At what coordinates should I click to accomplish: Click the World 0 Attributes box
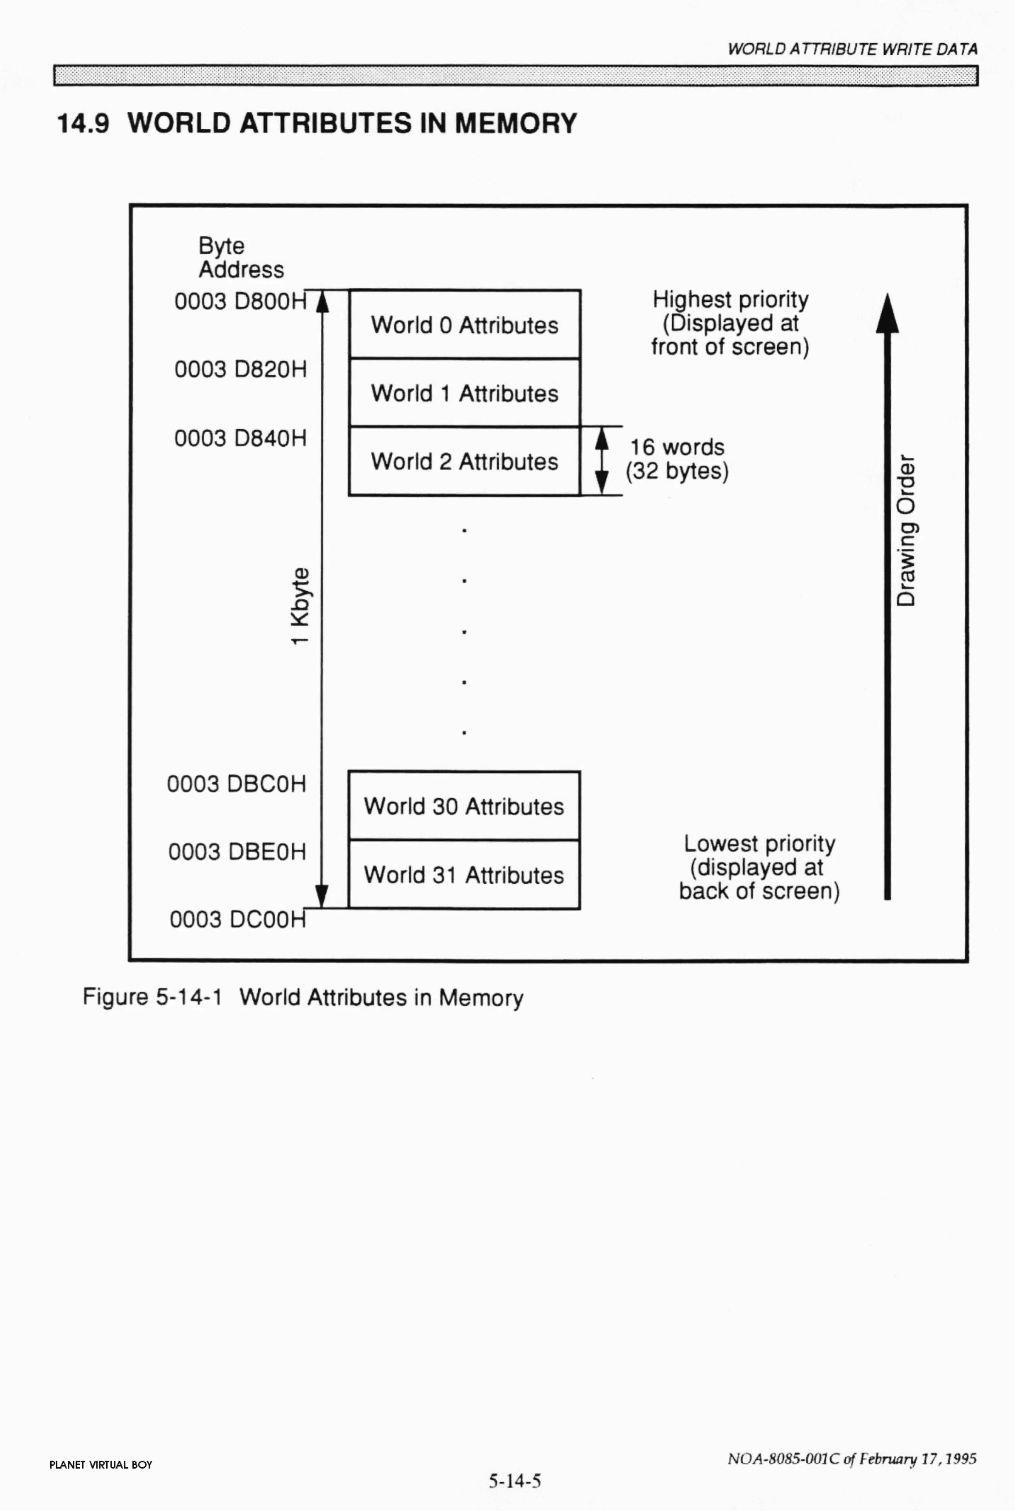464,325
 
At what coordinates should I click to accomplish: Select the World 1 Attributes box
464,393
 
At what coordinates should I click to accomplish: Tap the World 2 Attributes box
464,461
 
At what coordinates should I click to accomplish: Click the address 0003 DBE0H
237,851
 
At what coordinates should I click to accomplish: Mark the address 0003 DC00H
237,919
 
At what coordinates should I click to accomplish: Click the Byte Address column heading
241,257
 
